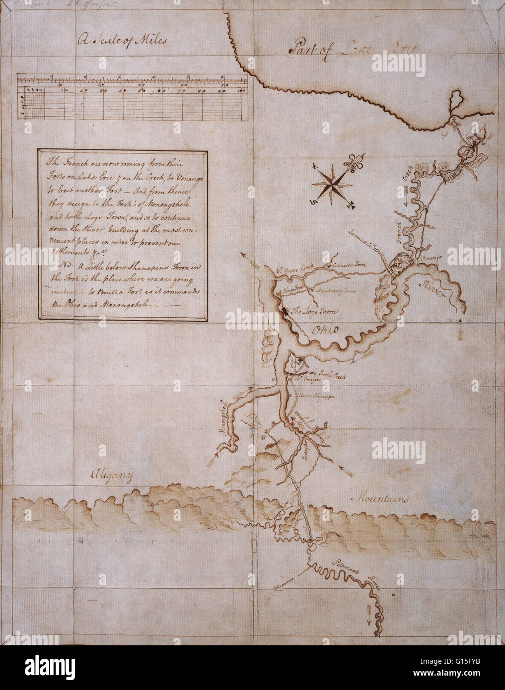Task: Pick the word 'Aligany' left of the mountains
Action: click(112, 477)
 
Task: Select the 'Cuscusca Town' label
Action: click(349, 266)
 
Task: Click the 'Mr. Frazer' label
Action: click(306, 380)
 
